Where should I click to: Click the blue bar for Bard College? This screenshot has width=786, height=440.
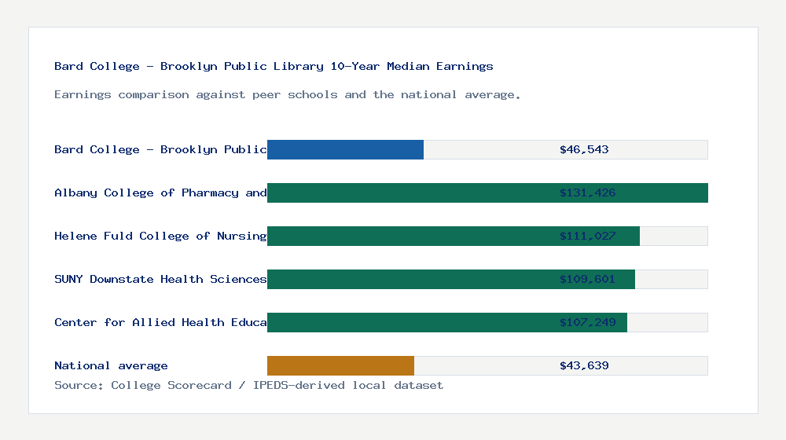coord(345,149)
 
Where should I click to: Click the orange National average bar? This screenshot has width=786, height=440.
coord(340,365)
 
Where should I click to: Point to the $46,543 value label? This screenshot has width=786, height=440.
coord(584,149)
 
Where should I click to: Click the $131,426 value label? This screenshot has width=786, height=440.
coord(587,192)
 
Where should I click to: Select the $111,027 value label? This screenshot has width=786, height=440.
coord(587,236)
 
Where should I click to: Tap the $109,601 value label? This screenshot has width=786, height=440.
coord(587,279)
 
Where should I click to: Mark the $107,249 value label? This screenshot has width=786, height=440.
coord(587,322)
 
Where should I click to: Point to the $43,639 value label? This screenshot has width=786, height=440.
coord(584,365)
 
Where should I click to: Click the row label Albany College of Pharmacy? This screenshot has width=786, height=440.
coord(160,192)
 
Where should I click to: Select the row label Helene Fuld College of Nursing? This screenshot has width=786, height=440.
coord(160,236)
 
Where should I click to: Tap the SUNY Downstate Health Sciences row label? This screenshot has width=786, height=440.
coord(160,279)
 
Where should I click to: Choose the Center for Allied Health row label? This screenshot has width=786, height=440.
coord(160,322)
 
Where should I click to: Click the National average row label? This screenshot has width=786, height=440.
coord(111,365)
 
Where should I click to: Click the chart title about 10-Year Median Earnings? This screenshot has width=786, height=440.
coord(274,66)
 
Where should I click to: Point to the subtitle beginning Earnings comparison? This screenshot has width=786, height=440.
coord(288,94)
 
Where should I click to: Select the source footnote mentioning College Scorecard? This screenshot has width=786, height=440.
coord(248,385)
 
